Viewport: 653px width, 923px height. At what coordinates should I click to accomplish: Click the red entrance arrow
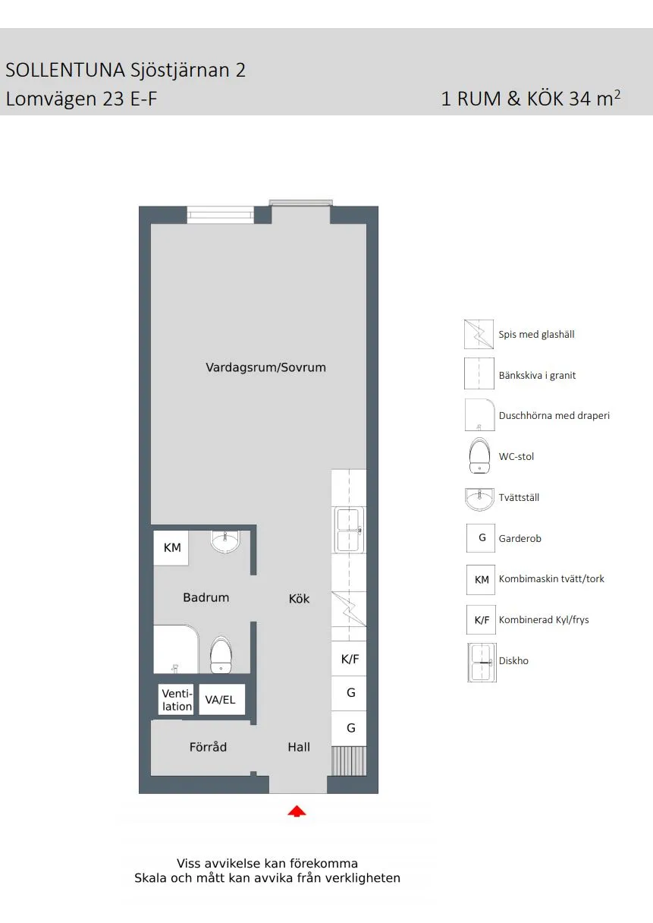pyautogui.click(x=297, y=811)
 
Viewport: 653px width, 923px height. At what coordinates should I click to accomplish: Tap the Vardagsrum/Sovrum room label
pyautogui.click(x=265, y=367)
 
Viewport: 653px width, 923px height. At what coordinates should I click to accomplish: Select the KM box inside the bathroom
pyautogui.click(x=171, y=547)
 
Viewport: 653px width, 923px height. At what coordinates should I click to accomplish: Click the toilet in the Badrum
pyautogui.click(x=221, y=655)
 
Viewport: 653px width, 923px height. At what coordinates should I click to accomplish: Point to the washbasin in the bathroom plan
pyautogui.click(x=224, y=541)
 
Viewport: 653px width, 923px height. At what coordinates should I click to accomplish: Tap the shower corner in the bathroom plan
pyautogui.click(x=176, y=649)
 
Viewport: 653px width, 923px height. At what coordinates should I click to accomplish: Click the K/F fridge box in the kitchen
pyautogui.click(x=349, y=658)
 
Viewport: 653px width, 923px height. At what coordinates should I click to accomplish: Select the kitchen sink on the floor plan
pyautogui.click(x=349, y=530)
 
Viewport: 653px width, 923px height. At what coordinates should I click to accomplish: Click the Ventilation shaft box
pyautogui.click(x=176, y=700)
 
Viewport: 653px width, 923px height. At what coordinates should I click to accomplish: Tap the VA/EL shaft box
pyautogui.click(x=221, y=700)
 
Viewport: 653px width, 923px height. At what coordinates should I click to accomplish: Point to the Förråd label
pyautogui.click(x=208, y=747)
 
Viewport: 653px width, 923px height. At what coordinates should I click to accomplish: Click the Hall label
pyautogui.click(x=299, y=747)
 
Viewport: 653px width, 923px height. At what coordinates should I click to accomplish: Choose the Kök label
pyautogui.click(x=299, y=598)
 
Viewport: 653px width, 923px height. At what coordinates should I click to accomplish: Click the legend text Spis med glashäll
pyautogui.click(x=536, y=334)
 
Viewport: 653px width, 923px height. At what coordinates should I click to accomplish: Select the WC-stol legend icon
pyautogui.click(x=479, y=455)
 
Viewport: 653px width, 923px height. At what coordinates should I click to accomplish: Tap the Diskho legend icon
pyautogui.click(x=482, y=662)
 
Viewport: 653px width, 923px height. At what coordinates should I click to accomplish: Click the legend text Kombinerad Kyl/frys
pyautogui.click(x=544, y=619)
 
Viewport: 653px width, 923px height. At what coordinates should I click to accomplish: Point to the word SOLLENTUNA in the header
pyautogui.click(x=65, y=70)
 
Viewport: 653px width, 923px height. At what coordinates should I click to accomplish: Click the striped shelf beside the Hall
pyautogui.click(x=349, y=761)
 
